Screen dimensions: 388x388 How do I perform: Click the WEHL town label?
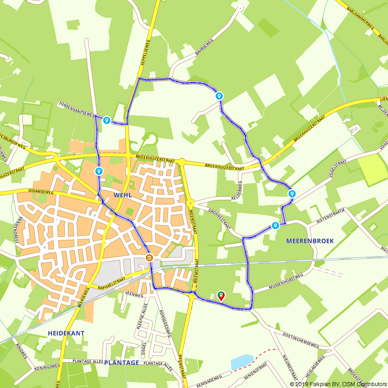[x=122, y=195]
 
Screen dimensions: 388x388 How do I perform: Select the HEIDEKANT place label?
[x=66, y=333]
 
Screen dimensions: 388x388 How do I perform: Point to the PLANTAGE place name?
[x=121, y=362]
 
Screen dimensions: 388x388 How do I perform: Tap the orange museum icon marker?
[x=149, y=258]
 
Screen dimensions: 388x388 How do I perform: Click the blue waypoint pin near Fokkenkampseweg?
[x=106, y=121]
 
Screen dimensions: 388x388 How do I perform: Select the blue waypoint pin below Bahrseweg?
[x=219, y=96]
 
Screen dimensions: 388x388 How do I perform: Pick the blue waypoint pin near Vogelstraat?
[x=292, y=194]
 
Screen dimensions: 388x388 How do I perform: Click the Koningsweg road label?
[x=47, y=367]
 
